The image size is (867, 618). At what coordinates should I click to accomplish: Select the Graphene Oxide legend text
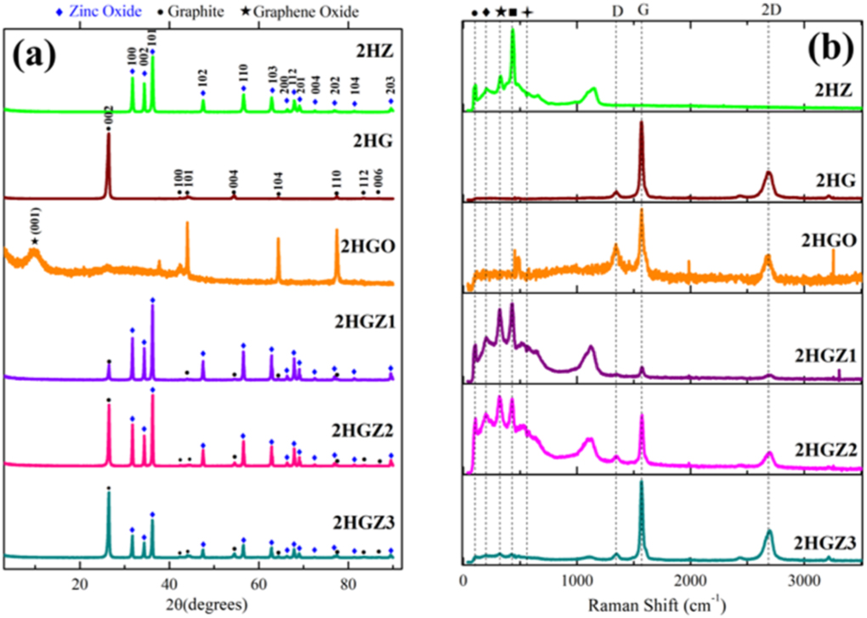tap(304, 11)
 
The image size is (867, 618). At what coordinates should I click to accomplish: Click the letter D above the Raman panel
tap(616, 11)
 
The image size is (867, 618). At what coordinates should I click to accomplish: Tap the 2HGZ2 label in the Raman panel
tap(825, 446)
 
